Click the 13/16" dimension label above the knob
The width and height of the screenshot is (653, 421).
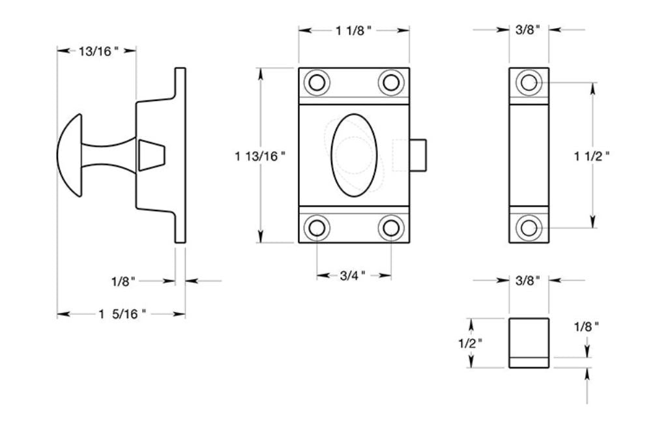click(x=98, y=51)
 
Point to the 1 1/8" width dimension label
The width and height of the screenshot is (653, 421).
click(x=354, y=30)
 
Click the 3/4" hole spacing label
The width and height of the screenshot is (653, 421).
click(x=354, y=276)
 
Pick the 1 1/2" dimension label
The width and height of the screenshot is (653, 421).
click(x=592, y=156)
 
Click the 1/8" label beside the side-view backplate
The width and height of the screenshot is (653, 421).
click(x=123, y=282)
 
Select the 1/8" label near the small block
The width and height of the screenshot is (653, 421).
click(x=586, y=327)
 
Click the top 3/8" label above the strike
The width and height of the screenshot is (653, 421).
click(x=528, y=30)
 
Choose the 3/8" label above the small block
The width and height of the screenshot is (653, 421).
click(x=528, y=281)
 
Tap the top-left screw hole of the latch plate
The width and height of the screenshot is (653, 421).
click(x=317, y=83)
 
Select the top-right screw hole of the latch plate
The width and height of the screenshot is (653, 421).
click(x=391, y=83)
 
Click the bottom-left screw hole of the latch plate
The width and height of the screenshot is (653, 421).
click(x=317, y=227)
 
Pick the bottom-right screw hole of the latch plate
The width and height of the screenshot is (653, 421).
click(x=391, y=227)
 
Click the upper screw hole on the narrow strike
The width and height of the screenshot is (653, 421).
click(x=528, y=83)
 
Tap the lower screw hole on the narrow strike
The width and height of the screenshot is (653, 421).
click(x=528, y=227)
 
